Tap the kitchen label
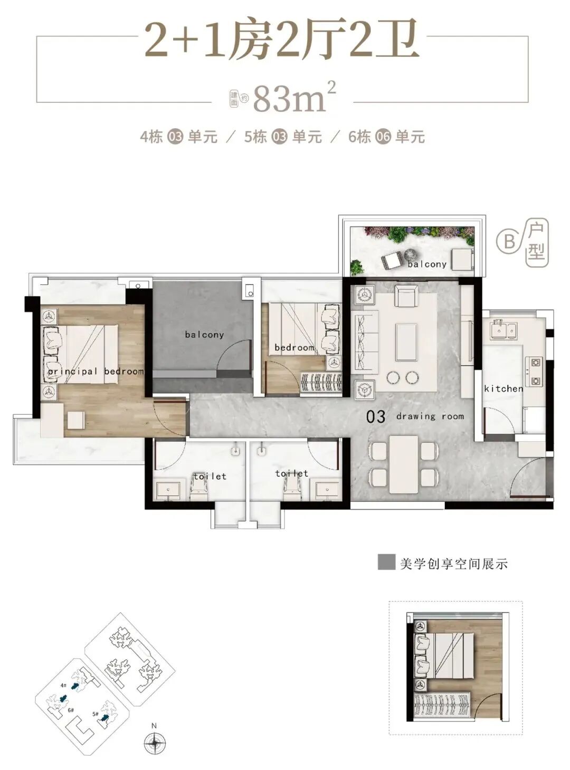(503, 388)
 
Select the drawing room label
(430, 416)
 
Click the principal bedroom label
(96, 372)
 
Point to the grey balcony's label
(204, 335)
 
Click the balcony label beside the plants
(427, 264)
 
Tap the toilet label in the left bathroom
(210, 476)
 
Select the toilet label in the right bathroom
(291, 473)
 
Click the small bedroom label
(294, 348)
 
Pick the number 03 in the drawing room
(376, 417)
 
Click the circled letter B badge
(509, 242)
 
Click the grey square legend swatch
(386, 563)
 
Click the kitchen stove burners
(535, 371)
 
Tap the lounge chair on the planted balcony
(393, 260)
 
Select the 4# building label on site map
(63, 685)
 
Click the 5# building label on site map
(96, 714)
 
